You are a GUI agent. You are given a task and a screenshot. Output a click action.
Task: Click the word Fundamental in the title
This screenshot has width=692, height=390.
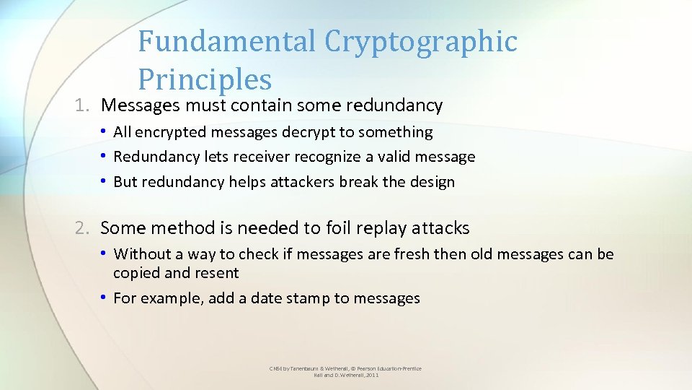(x=228, y=41)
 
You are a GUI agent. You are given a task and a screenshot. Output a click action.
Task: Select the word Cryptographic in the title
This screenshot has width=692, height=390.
(x=421, y=41)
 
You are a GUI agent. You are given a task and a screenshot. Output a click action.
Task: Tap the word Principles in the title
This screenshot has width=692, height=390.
(x=205, y=80)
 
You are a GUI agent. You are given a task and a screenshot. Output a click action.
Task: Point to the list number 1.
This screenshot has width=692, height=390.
(x=81, y=105)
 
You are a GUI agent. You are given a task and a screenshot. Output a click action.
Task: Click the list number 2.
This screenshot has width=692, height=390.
(x=81, y=229)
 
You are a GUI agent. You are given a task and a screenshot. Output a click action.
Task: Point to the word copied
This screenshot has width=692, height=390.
(x=136, y=273)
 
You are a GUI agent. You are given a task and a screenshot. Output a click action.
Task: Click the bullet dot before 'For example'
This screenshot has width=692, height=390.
(x=105, y=298)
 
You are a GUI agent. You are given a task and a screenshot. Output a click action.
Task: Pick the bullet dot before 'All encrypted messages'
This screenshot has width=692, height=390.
(x=105, y=132)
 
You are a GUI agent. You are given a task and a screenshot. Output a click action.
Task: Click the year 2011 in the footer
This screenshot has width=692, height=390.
(x=371, y=376)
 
